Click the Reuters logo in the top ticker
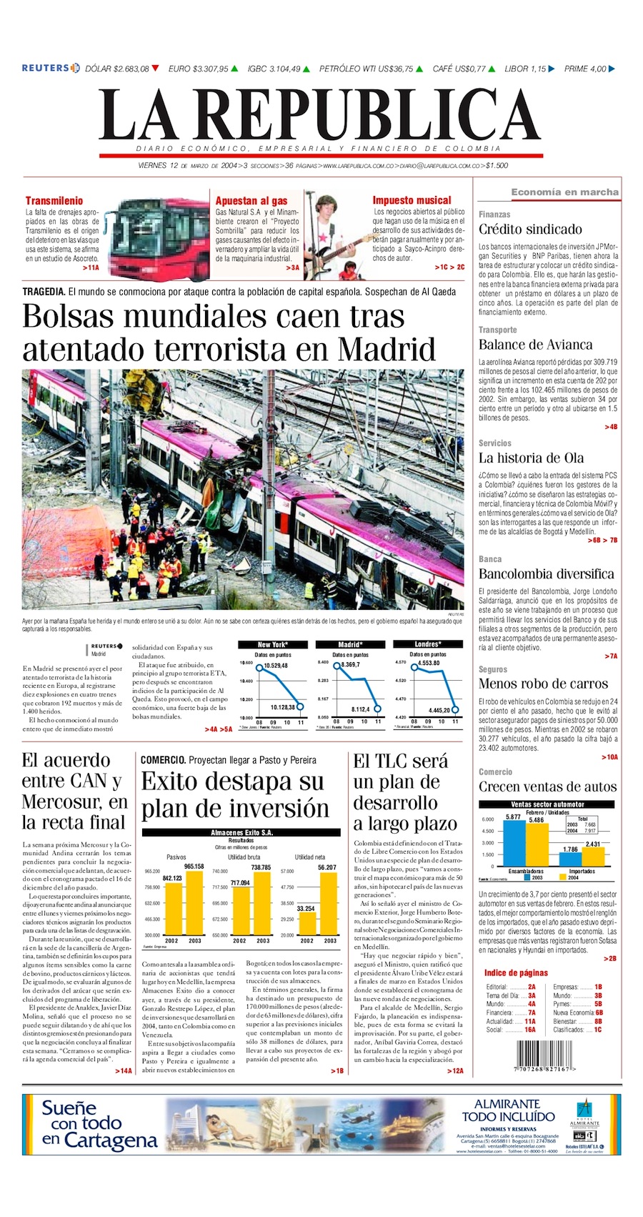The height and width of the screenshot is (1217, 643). (x=50, y=69)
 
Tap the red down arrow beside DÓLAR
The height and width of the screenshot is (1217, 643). (x=155, y=69)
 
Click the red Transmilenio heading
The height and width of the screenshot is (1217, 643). (x=54, y=201)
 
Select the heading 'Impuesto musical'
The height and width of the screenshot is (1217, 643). (x=412, y=201)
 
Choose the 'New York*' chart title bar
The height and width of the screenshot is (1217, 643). (x=273, y=644)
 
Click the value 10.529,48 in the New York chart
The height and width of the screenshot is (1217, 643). (x=276, y=666)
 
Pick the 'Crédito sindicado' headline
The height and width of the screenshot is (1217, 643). (x=530, y=230)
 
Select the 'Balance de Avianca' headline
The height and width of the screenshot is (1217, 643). (x=535, y=345)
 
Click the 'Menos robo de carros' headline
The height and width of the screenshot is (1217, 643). (x=543, y=684)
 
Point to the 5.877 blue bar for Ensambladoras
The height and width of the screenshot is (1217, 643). (x=513, y=843)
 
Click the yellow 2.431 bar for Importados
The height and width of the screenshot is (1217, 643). (x=593, y=857)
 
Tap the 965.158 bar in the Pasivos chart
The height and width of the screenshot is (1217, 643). (x=194, y=903)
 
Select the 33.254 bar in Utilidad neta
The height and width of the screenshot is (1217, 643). (x=306, y=922)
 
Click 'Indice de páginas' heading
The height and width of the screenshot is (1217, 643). (x=516, y=973)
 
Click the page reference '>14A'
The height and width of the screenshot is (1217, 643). (x=123, y=1070)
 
